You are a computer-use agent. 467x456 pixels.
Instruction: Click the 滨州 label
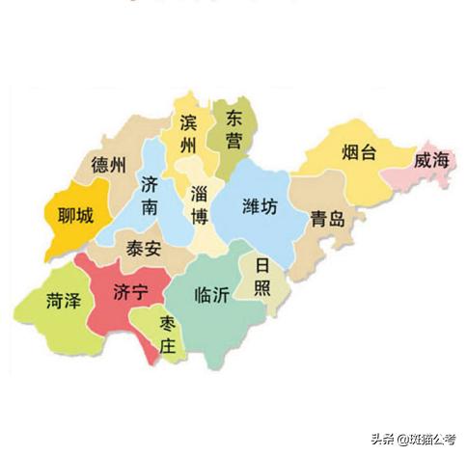[188, 134]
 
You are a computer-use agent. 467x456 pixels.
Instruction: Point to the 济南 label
[150, 194]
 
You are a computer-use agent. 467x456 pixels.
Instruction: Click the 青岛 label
[327, 219]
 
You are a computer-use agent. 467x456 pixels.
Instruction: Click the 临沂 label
[211, 295]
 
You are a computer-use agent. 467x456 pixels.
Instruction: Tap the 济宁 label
[131, 290]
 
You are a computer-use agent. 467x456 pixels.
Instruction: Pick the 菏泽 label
[63, 302]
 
